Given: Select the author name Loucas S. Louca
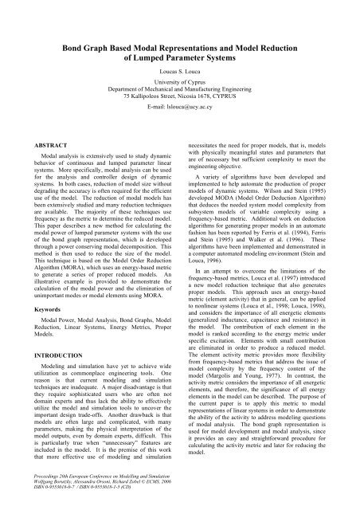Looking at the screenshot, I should point(180,71).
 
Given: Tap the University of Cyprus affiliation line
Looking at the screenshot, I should point(180,84).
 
